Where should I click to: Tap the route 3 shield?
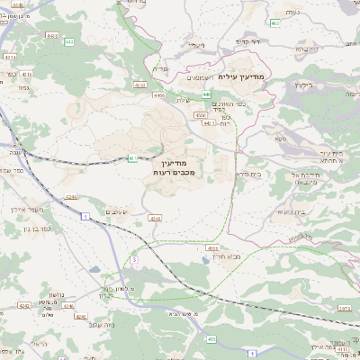point(132,259)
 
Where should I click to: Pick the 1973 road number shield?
point(344,307)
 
